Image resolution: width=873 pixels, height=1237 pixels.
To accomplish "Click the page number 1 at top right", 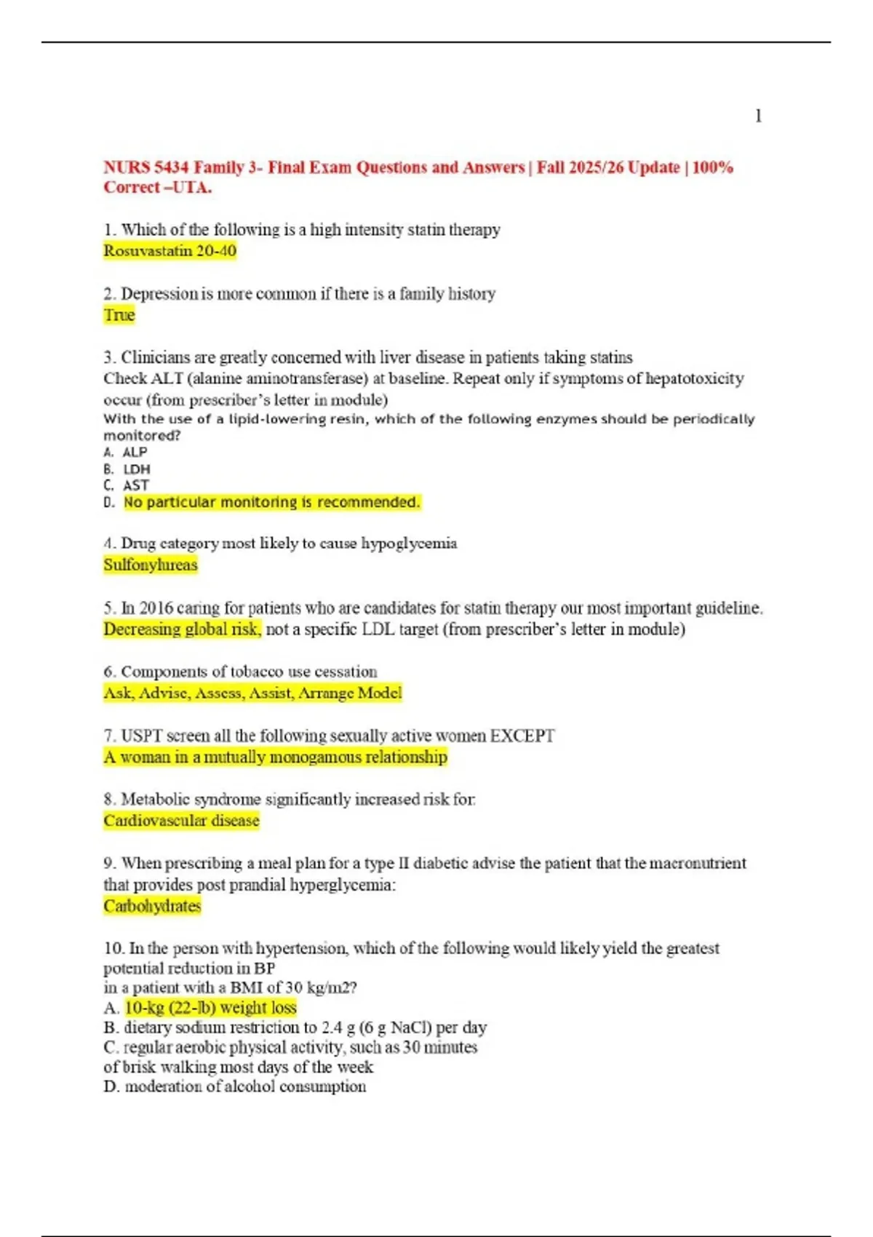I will (758, 116).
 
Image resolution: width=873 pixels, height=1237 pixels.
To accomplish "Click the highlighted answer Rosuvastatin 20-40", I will (170, 251).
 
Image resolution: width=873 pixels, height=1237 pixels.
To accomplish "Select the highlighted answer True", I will (119, 315).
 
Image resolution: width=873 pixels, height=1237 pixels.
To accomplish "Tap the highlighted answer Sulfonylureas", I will (151, 565).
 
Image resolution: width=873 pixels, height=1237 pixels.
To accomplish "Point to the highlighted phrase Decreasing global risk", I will (182, 629).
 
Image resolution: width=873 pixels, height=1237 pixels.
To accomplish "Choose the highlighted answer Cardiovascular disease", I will (181, 821).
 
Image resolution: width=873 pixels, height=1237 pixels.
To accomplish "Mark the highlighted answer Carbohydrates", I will (152, 906).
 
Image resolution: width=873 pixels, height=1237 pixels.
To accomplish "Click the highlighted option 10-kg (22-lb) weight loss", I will (211, 1008).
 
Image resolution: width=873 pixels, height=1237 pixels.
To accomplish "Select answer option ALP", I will (135, 452).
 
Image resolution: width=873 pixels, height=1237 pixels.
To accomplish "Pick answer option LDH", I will (136, 469).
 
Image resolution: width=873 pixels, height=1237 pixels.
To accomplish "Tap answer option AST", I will (136, 485).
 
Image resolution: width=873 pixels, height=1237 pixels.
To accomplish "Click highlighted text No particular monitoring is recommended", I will (271, 502).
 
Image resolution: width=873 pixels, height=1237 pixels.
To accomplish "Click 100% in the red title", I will (712, 167).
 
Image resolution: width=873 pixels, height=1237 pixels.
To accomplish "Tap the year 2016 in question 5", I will (156, 608).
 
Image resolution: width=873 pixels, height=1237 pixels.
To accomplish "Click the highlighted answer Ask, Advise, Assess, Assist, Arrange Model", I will (252, 693).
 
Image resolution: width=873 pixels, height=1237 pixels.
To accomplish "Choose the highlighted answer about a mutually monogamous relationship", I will (275, 757).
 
